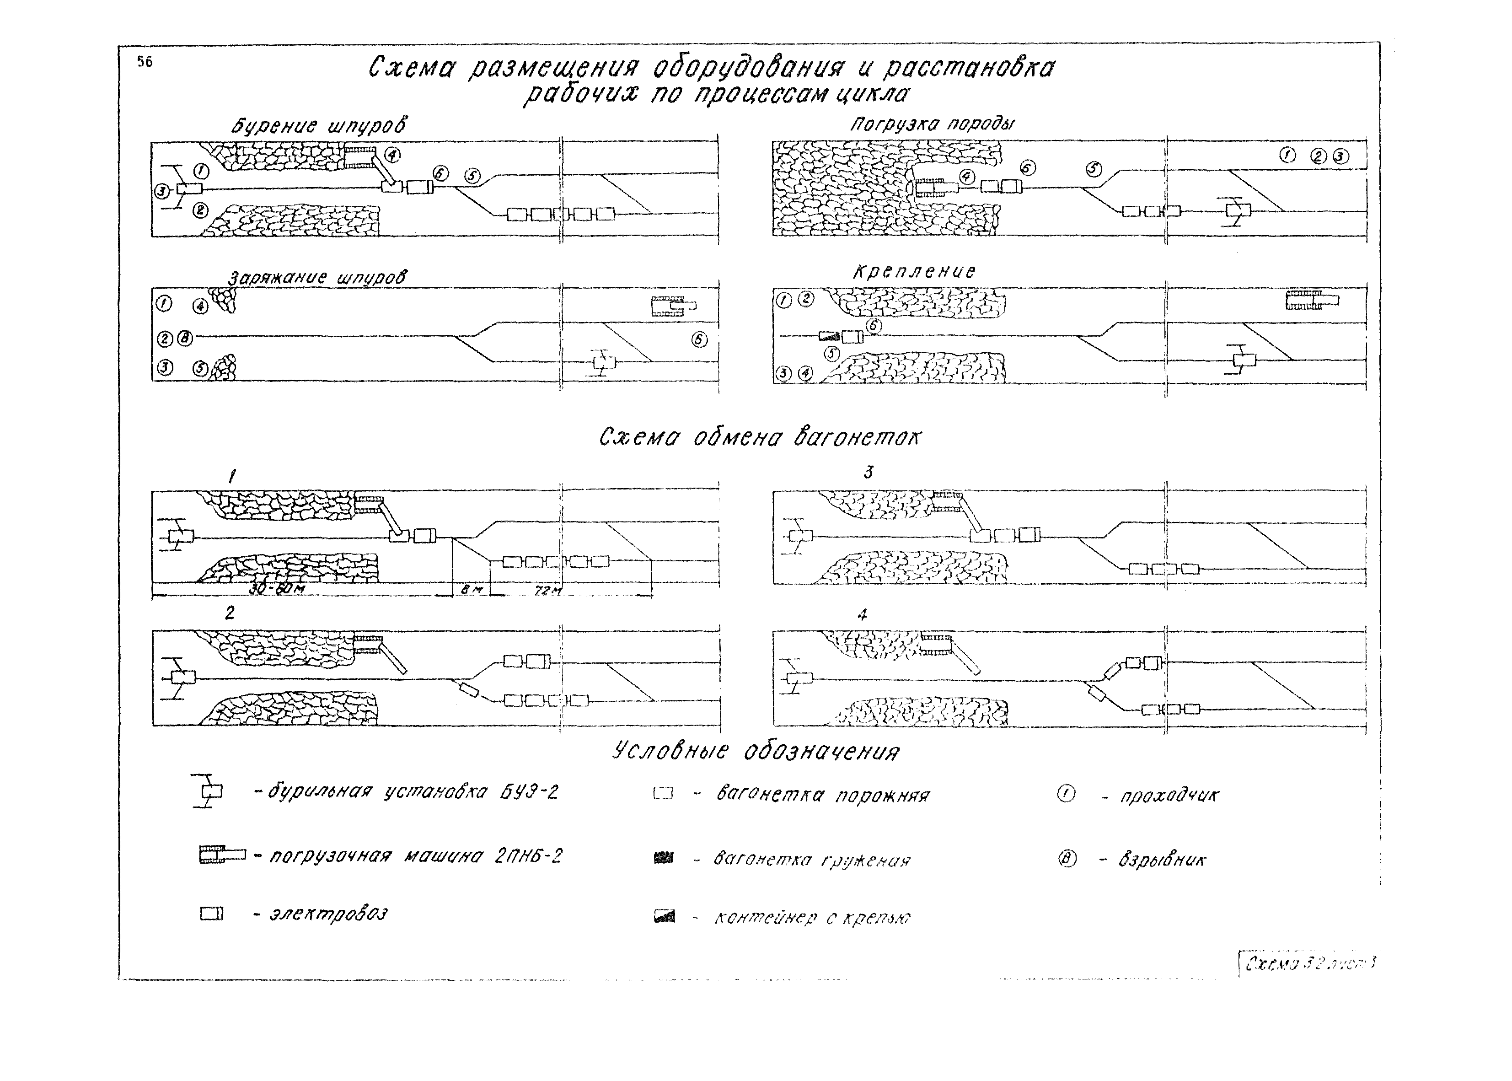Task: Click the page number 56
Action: coord(145,62)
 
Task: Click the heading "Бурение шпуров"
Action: coord(319,126)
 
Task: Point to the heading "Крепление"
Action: coord(914,272)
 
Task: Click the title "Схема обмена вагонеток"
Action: coord(760,437)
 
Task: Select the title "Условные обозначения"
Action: coord(756,752)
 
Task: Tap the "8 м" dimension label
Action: coord(471,589)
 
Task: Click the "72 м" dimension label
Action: coord(548,591)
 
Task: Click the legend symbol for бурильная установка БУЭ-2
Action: coord(208,791)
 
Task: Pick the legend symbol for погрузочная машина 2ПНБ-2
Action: coord(222,855)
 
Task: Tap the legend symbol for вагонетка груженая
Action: coord(664,859)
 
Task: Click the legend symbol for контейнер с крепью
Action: coord(664,917)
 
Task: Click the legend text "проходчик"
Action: coord(1169,796)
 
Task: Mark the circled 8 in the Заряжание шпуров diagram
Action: coord(185,339)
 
